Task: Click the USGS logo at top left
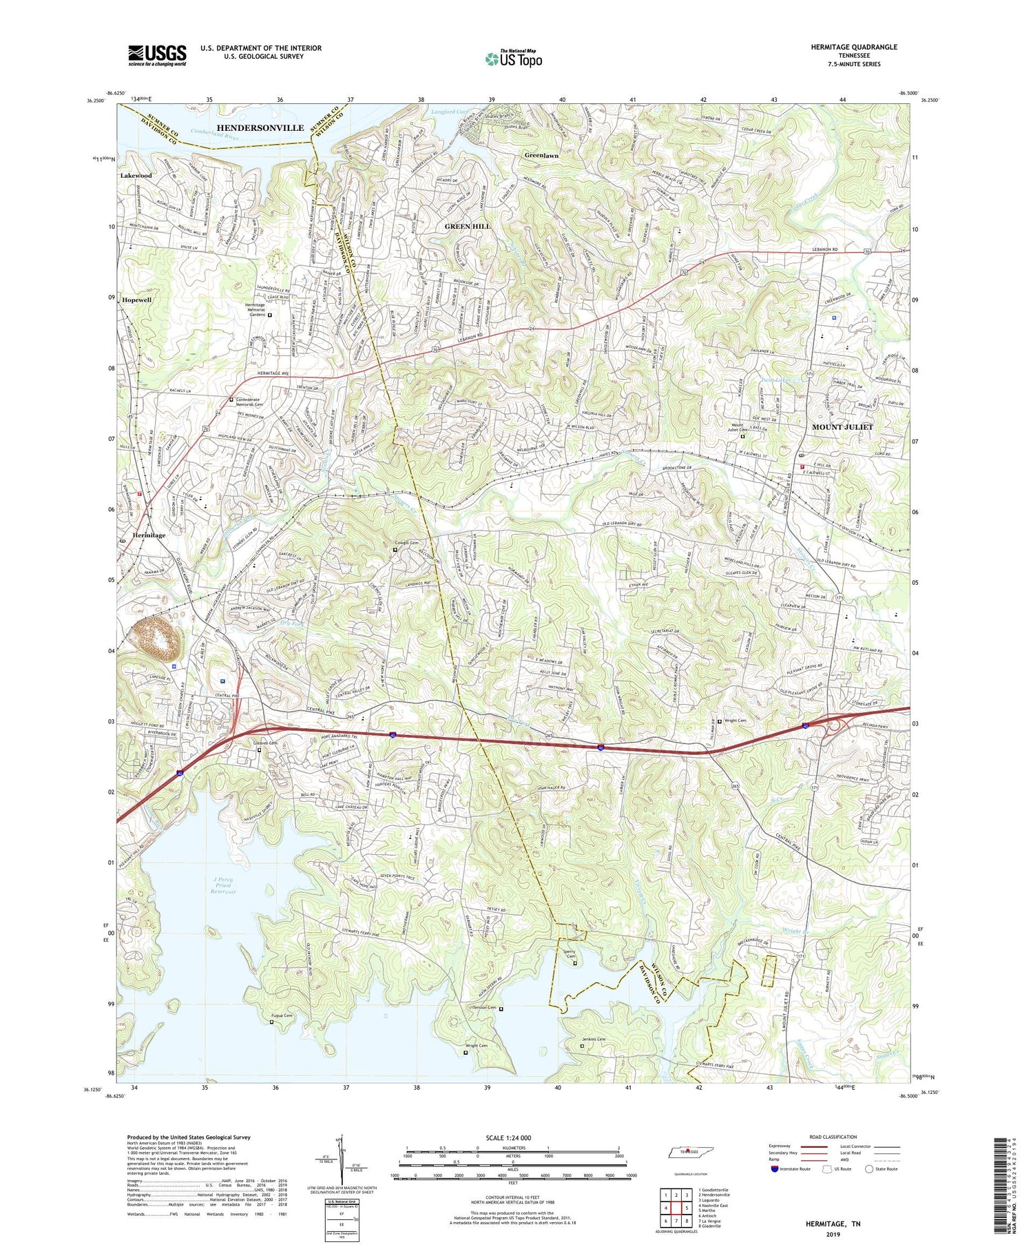pyautogui.click(x=157, y=55)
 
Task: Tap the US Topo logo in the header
pyautogui.click(x=513, y=59)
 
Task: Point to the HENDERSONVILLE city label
pyautogui.click(x=260, y=128)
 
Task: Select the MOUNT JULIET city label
pyautogui.click(x=842, y=427)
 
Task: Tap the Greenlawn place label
pyautogui.click(x=541, y=156)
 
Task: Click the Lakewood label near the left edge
pyautogui.click(x=136, y=176)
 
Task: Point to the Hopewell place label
pyautogui.click(x=136, y=300)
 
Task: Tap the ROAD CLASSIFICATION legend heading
pyautogui.click(x=833, y=1137)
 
